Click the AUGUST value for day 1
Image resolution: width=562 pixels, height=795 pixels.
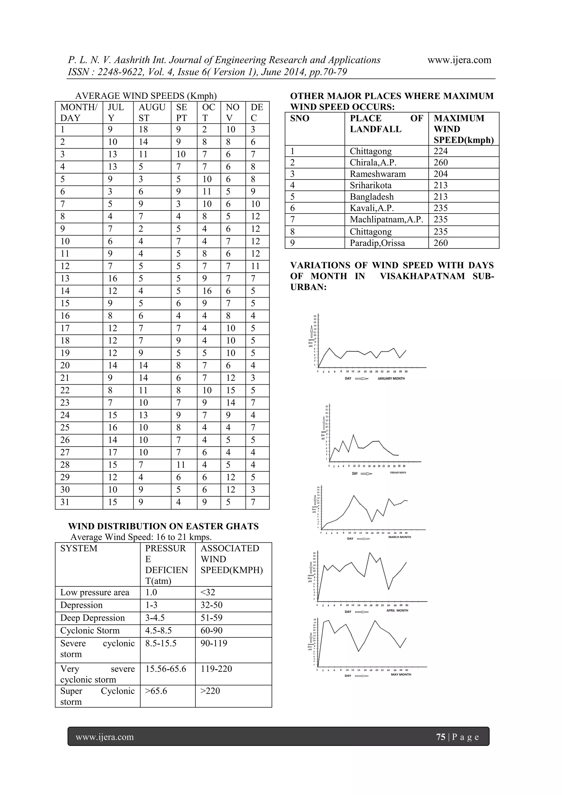pyautogui.click(x=143, y=130)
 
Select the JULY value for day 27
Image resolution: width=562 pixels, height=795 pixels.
pyautogui.click(x=113, y=452)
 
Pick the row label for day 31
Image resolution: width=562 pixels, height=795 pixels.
pyautogui.click(x=65, y=502)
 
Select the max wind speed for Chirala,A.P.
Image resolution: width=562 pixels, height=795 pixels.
pyautogui.click(x=440, y=163)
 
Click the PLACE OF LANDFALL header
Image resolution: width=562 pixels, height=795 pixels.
pyautogui.click(x=386, y=124)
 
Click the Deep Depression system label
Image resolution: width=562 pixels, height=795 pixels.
pyautogui.click(x=92, y=618)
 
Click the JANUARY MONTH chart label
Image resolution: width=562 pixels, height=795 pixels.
pyautogui.click(x=391, y=379)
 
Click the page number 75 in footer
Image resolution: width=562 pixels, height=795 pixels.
pyautogui.click(x=440, y=737)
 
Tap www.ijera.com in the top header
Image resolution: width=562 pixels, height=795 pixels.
pyautogui.click(x=459, y=60)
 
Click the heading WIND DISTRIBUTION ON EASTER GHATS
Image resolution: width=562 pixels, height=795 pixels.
pyautogui.click(x=163, y=526)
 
